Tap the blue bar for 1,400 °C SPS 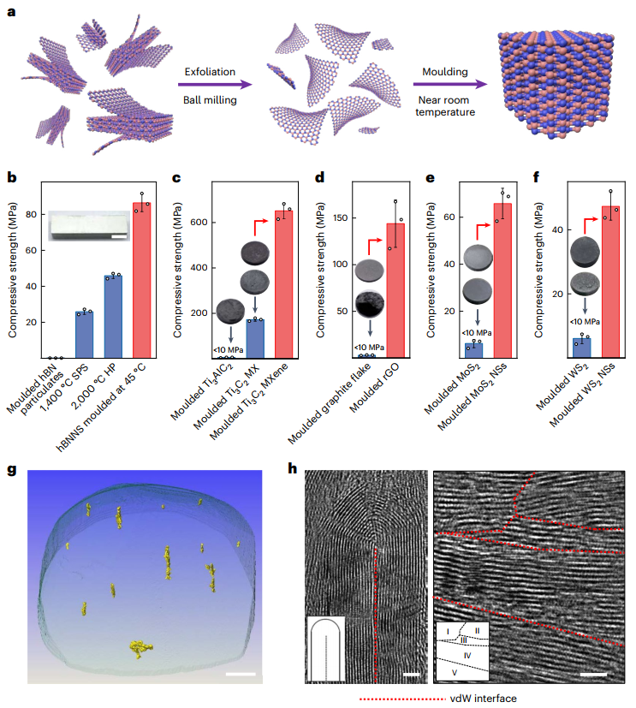click(83, 334)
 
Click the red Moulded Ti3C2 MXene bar click(282, 283)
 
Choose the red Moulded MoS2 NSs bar click(502, 279)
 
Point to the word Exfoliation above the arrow click(209, 72)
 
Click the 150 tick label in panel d click(318, 218)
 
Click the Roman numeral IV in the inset click(467, 655)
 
